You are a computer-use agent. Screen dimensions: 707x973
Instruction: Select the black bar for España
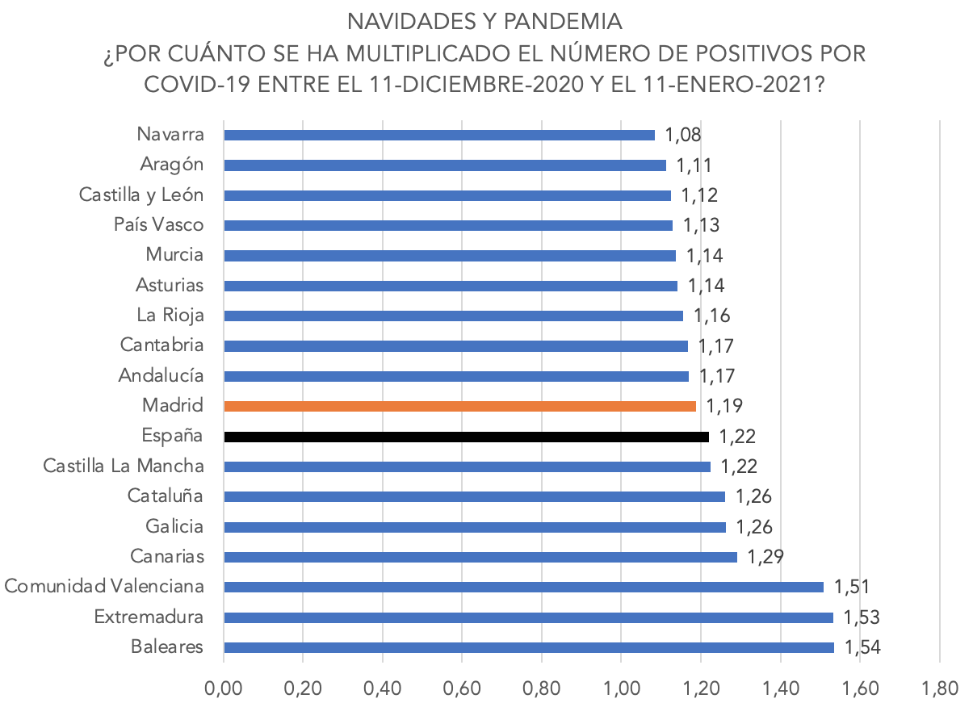tap(466, 437)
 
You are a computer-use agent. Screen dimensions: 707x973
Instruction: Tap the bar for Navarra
tap(438, 135)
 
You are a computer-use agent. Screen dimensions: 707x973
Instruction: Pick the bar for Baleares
tap(528, 647)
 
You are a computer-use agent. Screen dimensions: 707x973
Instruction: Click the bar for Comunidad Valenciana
tap(522, 587)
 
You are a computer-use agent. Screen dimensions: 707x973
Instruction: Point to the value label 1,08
tap(683, 134)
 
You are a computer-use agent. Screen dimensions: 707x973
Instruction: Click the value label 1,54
tap(862, 647)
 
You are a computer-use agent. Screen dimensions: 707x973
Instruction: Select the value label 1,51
tap(852, 587)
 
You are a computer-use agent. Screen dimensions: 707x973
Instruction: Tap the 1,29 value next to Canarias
tap(766, 557)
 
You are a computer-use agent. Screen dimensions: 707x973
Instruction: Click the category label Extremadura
tap(149, 617)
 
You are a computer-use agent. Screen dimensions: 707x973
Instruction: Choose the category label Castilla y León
tap(141, 195)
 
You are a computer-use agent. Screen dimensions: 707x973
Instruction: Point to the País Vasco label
tap(159, 224)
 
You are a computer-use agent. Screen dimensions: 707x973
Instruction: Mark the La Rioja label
tap(170, 315)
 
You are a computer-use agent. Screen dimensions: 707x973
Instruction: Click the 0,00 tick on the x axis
tap(224, 688)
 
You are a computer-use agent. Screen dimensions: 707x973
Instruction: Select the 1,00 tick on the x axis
tap(621, 688)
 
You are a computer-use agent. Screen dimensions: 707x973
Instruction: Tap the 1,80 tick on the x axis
tap(939, 688)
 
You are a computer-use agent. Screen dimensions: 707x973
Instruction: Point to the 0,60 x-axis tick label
tap(462, 688)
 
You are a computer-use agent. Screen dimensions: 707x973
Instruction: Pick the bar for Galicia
tap(474, 527)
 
